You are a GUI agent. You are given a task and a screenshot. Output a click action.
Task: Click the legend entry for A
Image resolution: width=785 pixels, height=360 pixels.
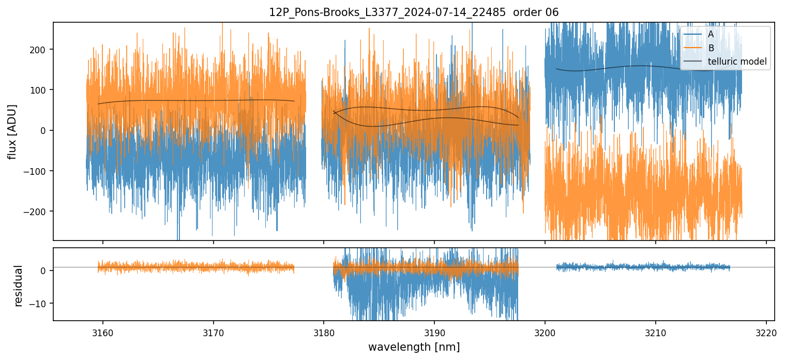(711, 34)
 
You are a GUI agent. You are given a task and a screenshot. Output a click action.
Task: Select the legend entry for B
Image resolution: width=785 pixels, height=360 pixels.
(711, 48)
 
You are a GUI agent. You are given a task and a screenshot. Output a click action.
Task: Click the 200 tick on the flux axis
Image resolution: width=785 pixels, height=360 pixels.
(40, 50)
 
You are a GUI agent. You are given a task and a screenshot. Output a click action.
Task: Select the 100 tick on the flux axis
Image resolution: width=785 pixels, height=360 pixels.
(40, 90)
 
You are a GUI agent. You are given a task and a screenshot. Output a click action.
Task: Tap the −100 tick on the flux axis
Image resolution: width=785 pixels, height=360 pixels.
(38, 171)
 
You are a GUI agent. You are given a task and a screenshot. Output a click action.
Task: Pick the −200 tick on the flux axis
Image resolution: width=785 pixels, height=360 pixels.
(38, 212)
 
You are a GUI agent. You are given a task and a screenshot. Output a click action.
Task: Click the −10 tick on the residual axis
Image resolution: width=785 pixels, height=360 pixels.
(40, 303)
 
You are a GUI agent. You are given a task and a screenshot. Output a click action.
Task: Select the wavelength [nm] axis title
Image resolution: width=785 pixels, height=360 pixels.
(414, 347)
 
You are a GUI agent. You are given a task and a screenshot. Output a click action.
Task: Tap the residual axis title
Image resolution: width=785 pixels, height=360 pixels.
(19, 286)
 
